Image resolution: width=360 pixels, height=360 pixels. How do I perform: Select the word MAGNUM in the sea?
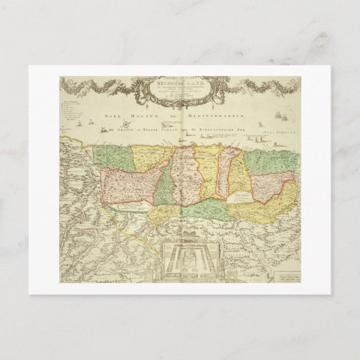(144, 115)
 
